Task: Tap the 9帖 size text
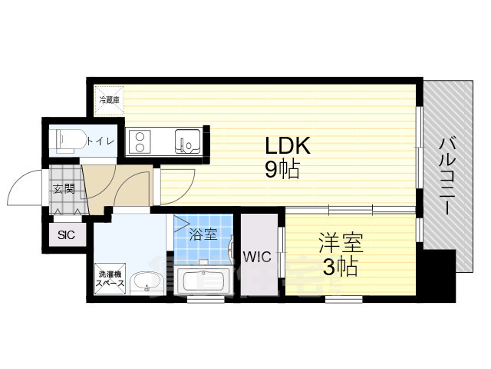[x=282, y=169]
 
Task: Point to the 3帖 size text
[x=338, y=268]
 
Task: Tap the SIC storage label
[x=66, y=235]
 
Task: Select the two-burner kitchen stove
[x=140, y=142]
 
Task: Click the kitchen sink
[x=187, y=142]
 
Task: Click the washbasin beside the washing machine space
[x=144, y=282]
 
